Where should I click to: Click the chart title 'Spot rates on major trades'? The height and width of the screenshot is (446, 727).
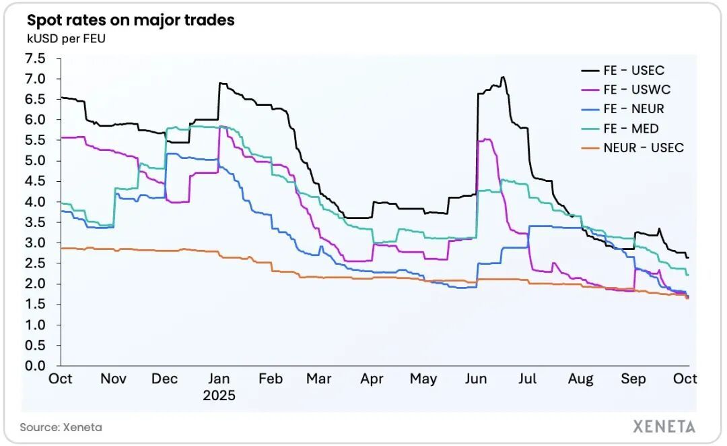point(131,20)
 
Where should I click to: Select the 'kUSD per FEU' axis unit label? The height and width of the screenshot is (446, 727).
point(66,38)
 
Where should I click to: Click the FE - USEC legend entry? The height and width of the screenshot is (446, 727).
point(633,70)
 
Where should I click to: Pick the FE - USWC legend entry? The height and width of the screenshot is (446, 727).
point(636,90)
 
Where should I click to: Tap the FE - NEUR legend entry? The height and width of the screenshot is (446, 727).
point(633,108)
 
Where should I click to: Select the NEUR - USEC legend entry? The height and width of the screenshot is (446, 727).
point(643,148)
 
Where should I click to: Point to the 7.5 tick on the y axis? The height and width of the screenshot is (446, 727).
point(36,59)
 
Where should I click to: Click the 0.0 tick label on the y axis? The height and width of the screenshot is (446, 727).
point(36,366)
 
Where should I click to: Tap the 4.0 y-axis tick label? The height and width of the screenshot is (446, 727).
point(36,202)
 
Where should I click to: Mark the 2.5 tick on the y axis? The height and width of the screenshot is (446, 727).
point(36,263)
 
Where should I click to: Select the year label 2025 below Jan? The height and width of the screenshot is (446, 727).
point(219,395)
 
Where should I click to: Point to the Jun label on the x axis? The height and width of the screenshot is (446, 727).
point(476,379)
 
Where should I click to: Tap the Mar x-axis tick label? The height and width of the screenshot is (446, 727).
point(318,379)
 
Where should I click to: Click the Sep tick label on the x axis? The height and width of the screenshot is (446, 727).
point(633,379)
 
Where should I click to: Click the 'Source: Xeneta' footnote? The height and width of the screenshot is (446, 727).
point(61,427)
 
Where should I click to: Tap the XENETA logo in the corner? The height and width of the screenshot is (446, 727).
point(664,426)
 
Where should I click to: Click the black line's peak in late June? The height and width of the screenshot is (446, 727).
point(502,77)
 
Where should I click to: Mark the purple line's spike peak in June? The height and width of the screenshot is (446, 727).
point(486,139)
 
